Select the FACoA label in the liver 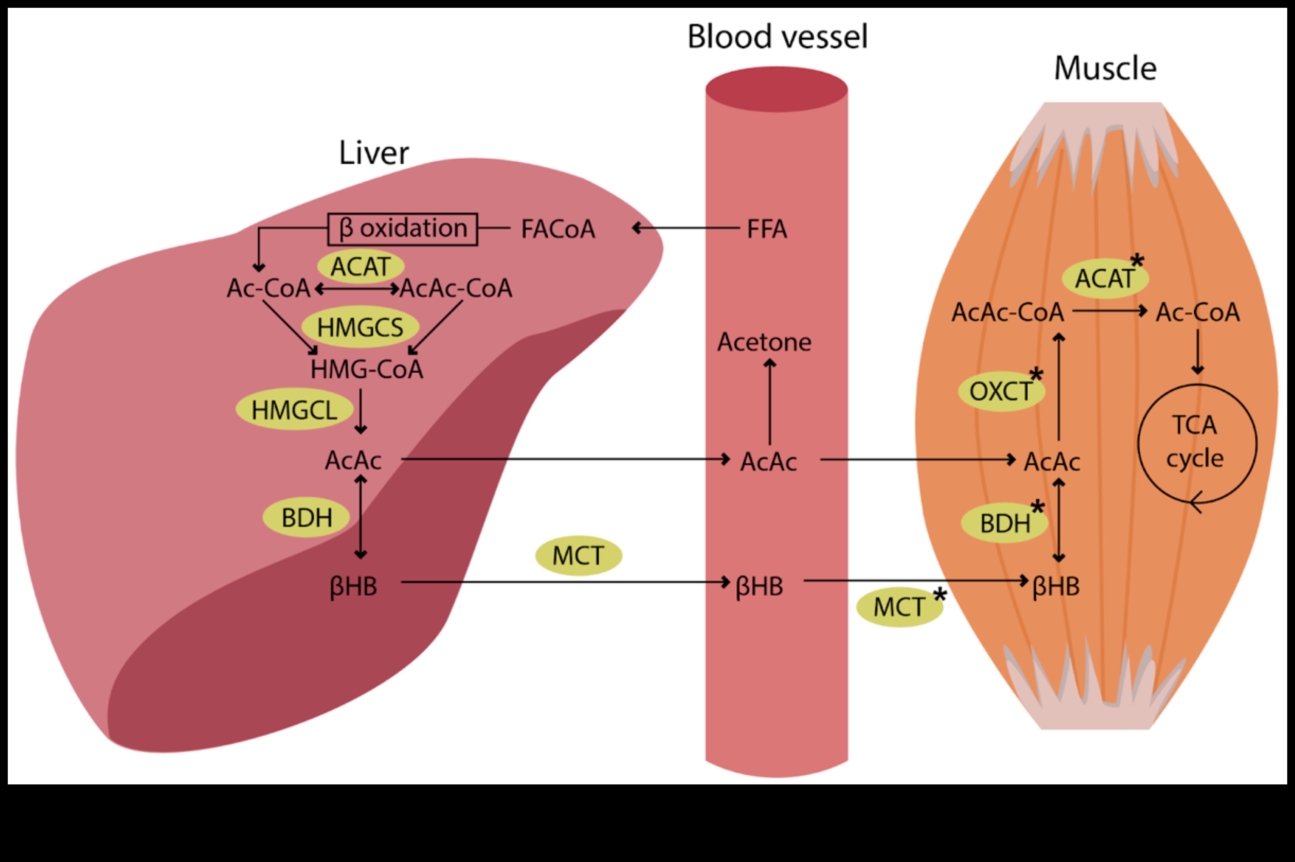coord(558,229)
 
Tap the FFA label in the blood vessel coord(767,229)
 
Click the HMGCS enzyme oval coord(360,327)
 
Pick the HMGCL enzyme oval coord(295,410)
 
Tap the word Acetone coord(764,342)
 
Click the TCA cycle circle coord(1197,443)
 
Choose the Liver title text coord(374,153)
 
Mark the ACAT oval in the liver coord(361,267)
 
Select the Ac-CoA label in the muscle coord(1198,312)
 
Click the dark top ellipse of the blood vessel coord(776,89)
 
